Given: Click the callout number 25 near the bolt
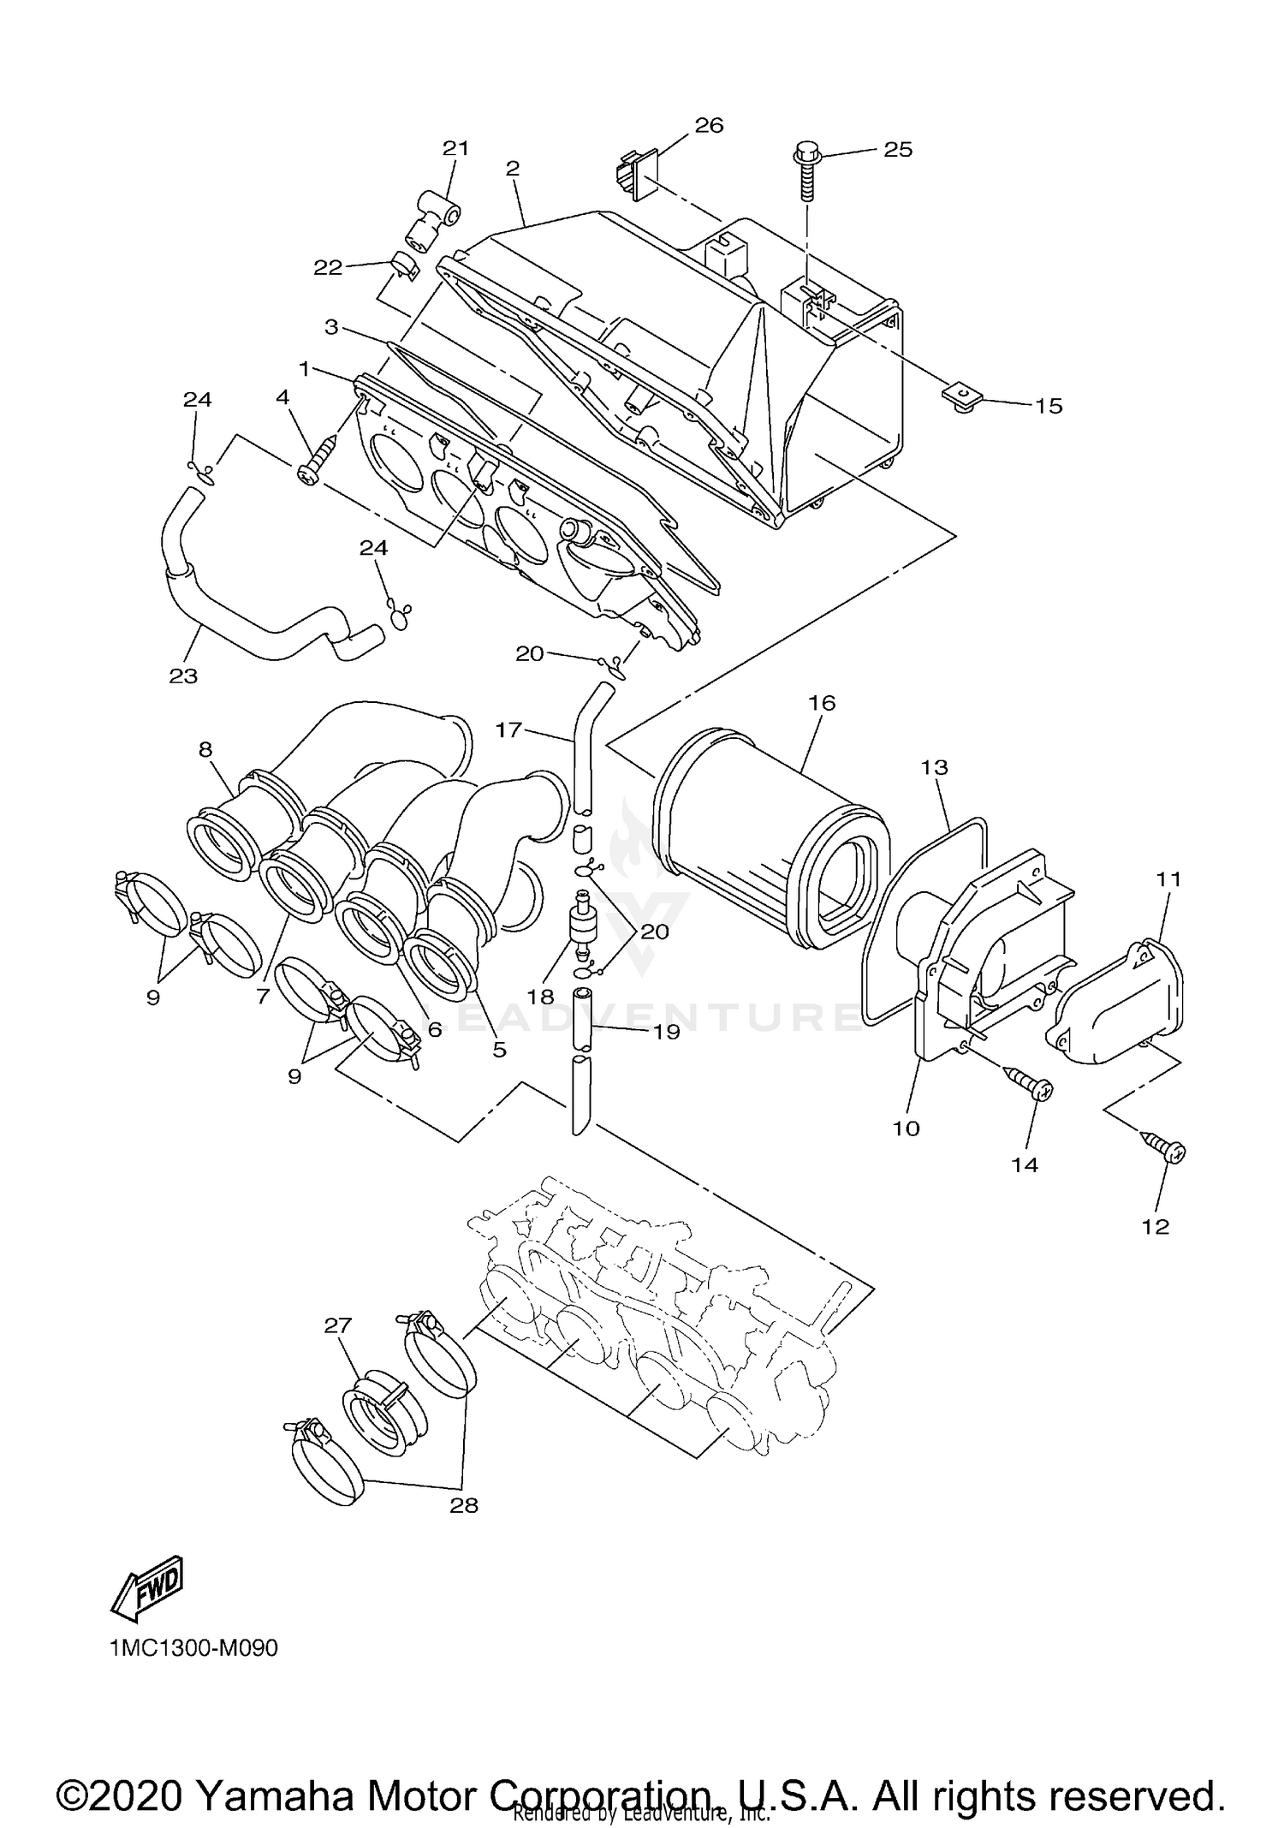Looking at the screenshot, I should pyautogui.click(x=898, y=149).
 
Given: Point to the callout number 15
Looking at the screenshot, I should pyautogui.click(x=1048, y=405).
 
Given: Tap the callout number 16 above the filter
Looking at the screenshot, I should pyautogui.click(x=821, y=703).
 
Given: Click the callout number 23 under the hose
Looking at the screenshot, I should pyautogui.click(x=183, y=676).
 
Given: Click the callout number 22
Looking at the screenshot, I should pyautogui.click(x=328, y=267).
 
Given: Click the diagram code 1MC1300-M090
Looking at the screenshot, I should pyautogui.click(x=193, y=1649).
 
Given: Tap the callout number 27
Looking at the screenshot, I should pyautogui.click(x=337, y=1325).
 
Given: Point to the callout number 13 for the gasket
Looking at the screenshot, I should pyautogui.click(x=935, y=767).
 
